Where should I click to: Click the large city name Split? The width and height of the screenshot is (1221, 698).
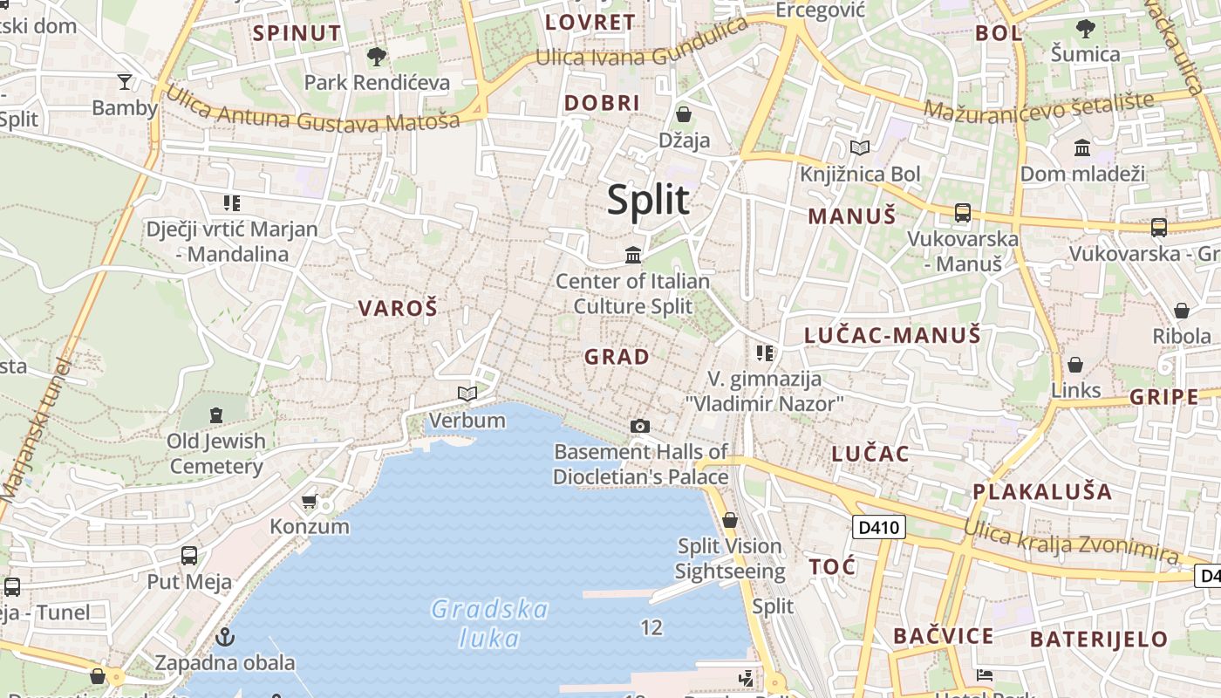[x=648, y=200]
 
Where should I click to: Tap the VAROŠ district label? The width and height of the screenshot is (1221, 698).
[x=398, y=308]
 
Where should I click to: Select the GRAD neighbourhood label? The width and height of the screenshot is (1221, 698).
[x=617, y=357]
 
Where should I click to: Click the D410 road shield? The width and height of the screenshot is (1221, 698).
[x=878, y=527]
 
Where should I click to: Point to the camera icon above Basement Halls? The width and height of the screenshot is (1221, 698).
[x=640, y=426]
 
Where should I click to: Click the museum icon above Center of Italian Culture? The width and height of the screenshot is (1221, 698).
[x=633, y=255]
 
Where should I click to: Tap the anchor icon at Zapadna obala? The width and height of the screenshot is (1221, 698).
[x=225, y=637]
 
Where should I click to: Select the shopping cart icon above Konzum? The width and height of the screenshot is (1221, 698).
[x=309, y=501]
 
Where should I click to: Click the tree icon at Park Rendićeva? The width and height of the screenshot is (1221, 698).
[x=377, y=57]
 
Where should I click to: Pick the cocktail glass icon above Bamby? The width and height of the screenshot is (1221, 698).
[x=125, y=82]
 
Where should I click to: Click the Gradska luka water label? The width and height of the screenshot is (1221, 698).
[x=490, y=623]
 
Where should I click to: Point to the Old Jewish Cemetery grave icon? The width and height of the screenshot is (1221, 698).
[x=215, y=414]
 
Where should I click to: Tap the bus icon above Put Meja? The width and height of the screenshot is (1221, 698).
[x=188, y=556]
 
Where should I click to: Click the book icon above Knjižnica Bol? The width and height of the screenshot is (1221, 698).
[x=860, y=148]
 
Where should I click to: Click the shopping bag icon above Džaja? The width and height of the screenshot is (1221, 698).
[x=684, y=114]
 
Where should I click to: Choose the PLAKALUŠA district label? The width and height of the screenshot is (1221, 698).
[x=1042, y=491]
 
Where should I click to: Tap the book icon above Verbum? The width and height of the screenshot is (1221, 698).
[x=467, y=393]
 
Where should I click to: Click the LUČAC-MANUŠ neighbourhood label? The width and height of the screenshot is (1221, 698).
[x=892, y=335]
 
